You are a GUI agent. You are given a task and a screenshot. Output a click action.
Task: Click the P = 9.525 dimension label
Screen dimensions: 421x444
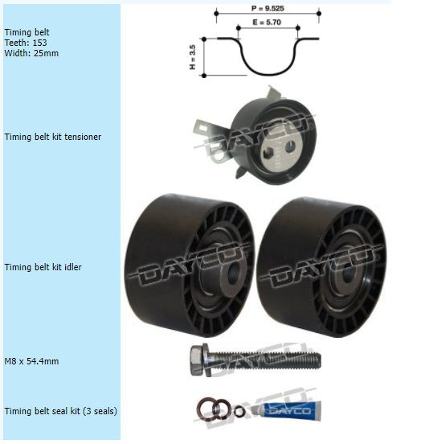tap(268, 9)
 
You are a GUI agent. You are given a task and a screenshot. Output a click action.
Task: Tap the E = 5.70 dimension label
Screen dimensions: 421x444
tap(267, 22)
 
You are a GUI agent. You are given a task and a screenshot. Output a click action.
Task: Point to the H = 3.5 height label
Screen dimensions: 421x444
tap(192, 57)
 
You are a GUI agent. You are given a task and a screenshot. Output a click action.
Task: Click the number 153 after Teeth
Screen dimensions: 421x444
tap(39, 43)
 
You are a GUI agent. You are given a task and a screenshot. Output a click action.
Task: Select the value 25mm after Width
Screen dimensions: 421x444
tap(46, 53)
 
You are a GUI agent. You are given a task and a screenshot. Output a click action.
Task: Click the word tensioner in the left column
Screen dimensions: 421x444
tap(83, 137)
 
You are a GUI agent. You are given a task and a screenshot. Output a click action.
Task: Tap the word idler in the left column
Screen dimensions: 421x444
tap(73, 267)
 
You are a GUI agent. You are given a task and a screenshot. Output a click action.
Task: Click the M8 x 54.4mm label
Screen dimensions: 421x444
tap(31, 361)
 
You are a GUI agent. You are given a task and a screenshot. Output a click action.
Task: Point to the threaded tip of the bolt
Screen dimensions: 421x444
tap(317, 360)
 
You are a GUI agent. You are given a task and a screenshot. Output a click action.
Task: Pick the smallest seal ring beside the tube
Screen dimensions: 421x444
tap(239, 411)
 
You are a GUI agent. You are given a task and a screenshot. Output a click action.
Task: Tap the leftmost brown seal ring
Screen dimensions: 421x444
tap(205, 409)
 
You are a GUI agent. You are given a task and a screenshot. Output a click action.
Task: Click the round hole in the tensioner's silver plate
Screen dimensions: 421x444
tap(290, 147)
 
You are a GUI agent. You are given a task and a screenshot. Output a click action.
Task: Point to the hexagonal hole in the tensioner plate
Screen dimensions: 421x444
tap(268, 154)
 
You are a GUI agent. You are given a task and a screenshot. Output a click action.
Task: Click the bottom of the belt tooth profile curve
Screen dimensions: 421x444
tap(269, 75)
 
